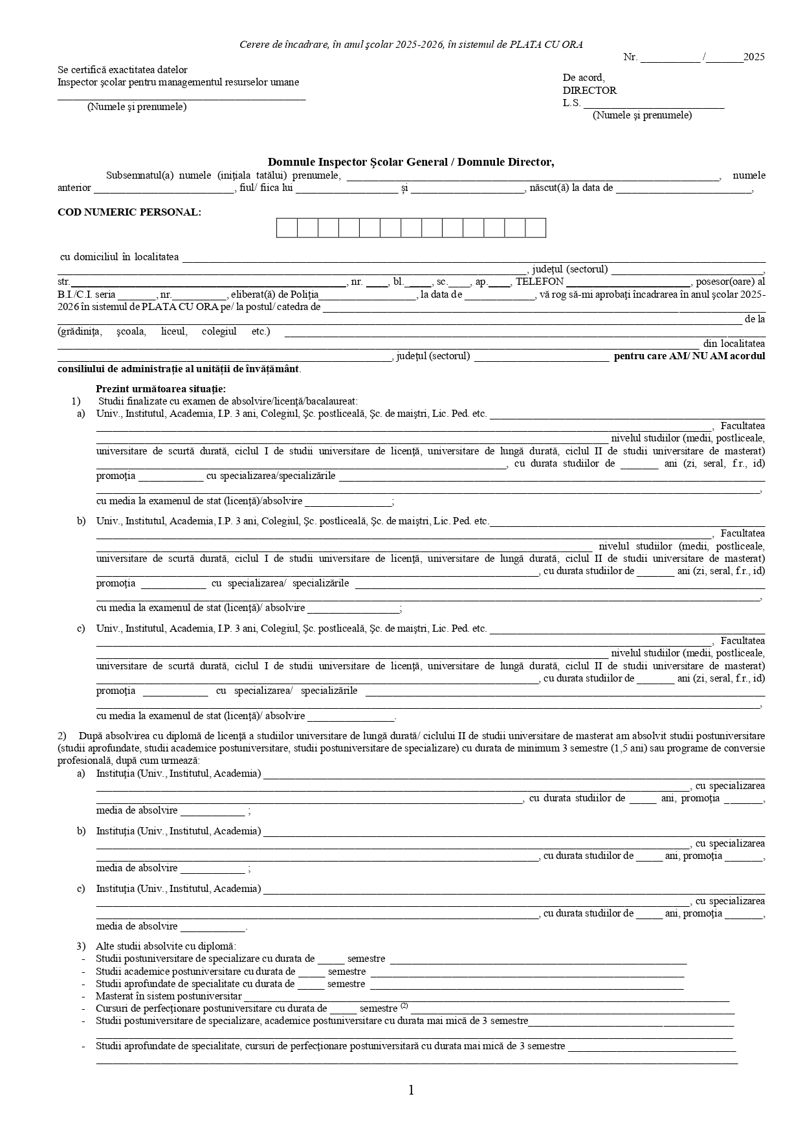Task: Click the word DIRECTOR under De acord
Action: click(589, 91)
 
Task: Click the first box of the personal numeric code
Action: click(287, 228)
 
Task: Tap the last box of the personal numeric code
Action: click(535, 228)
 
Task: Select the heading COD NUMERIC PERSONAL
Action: click(129, 212)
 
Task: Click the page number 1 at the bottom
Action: click(411, 1091)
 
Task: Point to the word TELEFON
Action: click(540, 282)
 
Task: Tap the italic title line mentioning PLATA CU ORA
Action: click(411, 45)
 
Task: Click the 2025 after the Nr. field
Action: click(754, 57)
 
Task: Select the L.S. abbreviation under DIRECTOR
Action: click(571, 103)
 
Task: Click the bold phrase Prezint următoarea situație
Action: click(160, 389)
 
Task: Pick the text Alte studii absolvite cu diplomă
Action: click(166, 946)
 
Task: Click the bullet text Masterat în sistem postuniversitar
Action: click(168, 996)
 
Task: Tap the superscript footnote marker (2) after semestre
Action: click(404, 1006)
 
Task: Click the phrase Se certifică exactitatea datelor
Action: click(122, 70)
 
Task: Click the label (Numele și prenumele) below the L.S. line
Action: click(642, 115)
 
